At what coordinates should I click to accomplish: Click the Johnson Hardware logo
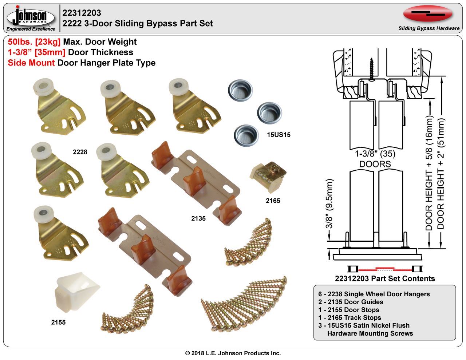coord(31,18)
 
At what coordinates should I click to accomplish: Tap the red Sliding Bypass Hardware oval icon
coord(428,14)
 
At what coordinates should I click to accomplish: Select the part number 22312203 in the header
coord(82,13)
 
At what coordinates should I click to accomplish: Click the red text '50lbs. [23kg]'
coord(34,42)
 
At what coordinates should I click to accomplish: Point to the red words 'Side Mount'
coord(31,63)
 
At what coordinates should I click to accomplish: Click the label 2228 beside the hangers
coord(80,152)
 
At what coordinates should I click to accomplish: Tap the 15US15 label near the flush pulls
coord(278,135)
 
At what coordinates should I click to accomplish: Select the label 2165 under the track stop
coord(273,201)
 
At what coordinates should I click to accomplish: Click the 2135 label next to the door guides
coord(198,218)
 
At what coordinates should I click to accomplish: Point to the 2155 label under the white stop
coord(58,322)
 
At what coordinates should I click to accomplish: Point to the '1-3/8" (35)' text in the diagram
coord(375,154)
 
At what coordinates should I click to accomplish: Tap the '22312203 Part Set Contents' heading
coord(385,278)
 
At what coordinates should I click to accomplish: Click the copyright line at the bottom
coord(233,353)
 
